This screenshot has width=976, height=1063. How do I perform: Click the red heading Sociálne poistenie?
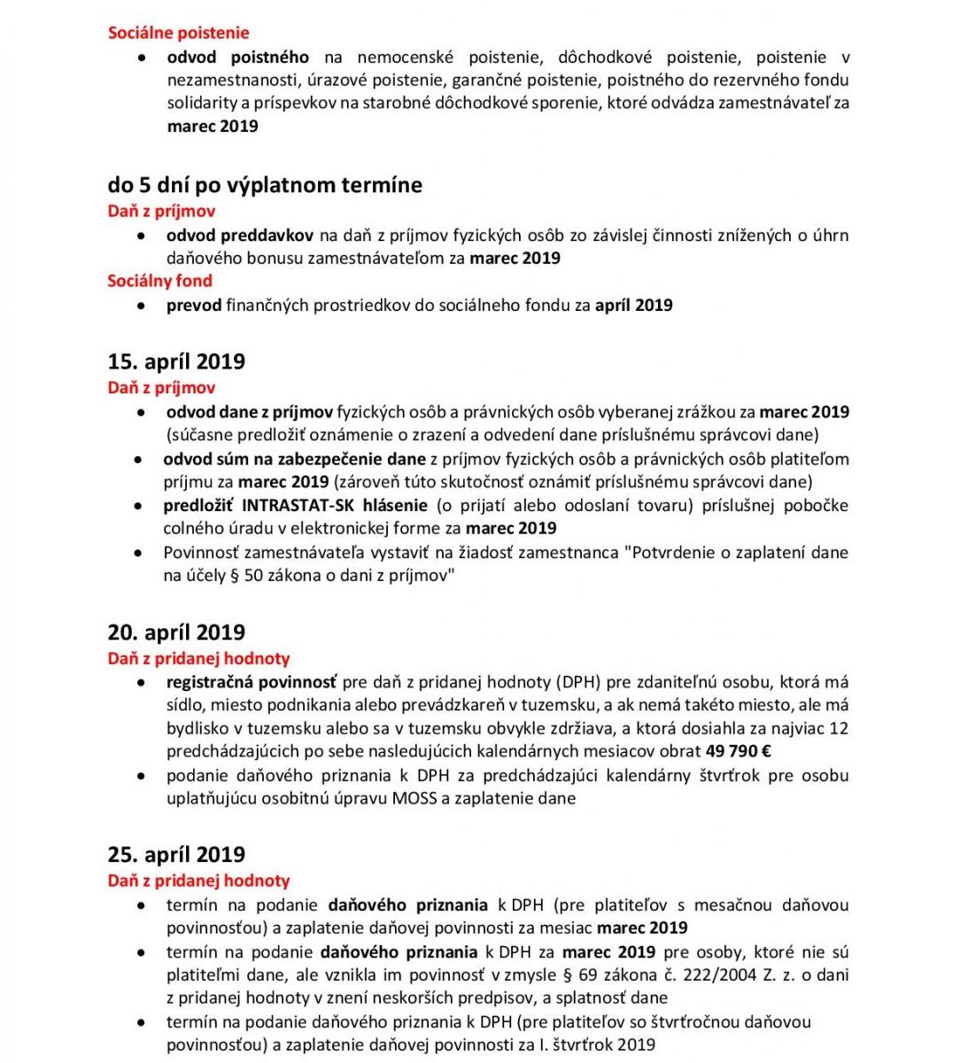(x=178, y=33)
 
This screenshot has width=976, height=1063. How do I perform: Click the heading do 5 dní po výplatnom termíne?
(x=265, y=185)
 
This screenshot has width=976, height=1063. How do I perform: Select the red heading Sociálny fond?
(x=159, y=281)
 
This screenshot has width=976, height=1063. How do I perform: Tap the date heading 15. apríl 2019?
(x=176, y=361)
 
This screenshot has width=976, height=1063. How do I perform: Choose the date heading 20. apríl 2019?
(x=176, y=632)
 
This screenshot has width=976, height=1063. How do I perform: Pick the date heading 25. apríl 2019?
(x=176, y=855)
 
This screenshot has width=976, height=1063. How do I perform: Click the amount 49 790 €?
(x=737, y=751)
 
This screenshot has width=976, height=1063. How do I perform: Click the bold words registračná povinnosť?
(x=252, y=682)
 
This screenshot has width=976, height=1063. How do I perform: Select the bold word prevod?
(x=194, y=306)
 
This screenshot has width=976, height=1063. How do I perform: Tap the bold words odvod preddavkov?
(x=239, y=236)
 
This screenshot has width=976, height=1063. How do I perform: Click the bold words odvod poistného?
(x=237, y=58)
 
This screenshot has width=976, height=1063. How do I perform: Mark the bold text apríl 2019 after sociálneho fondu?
(x=633, y=306)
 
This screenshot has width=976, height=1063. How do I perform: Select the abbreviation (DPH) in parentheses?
(x=580, y=682)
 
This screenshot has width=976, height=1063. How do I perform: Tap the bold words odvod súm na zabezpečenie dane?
(x=294, y=459)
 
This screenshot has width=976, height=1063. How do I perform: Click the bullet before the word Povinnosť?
(x=138, y=553)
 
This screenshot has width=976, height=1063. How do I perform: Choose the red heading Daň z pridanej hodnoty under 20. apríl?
(x=198, y=658)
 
